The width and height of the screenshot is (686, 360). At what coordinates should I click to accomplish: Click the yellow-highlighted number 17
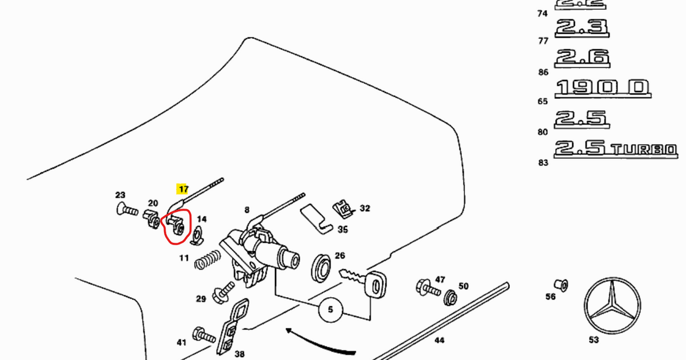pos(183,189)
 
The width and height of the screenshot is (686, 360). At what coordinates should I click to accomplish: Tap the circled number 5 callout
pos(330,310)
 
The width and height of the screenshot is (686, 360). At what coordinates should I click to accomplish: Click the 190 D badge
pos(602,87)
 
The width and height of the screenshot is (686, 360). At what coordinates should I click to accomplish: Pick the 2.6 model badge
pos(581,57)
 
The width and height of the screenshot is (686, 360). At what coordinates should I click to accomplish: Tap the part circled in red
pos(177,226)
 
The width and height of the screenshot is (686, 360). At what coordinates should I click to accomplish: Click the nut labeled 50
pos(450,297)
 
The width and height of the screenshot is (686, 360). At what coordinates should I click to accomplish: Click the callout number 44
pos(439,341)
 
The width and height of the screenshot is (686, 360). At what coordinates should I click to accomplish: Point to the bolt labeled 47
pos(426,287)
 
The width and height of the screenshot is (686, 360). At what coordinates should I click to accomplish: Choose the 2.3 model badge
pos(581,27)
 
